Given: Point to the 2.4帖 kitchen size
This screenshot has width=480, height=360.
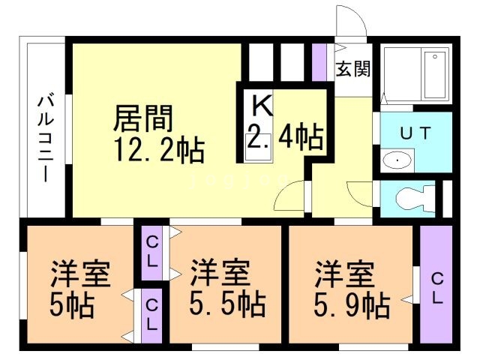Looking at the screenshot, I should [285, 136].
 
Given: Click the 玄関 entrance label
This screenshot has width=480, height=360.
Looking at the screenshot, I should [352, 70].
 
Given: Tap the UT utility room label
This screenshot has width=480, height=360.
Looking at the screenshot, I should [415, 133].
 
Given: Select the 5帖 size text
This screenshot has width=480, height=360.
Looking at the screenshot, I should [73, 305].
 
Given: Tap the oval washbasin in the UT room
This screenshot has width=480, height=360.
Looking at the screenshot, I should [395, 160].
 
